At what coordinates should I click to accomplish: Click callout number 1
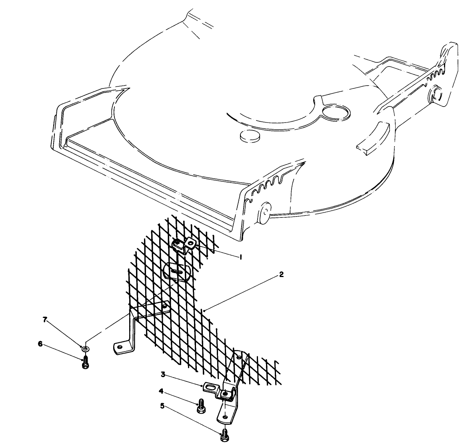240,257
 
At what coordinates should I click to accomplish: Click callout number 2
281,275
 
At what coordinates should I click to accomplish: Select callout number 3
163,375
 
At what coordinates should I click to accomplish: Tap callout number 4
161,391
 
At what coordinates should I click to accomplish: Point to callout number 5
162,406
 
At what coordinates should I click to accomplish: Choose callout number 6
40,344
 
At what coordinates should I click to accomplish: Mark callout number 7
45,319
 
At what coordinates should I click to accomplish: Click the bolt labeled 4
200,406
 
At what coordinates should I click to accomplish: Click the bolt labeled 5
224,435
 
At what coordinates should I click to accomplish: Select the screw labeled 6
85,364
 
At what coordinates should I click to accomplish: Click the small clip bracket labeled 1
184,245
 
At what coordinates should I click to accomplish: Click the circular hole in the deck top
335,112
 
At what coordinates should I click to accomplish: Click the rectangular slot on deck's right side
373,139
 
